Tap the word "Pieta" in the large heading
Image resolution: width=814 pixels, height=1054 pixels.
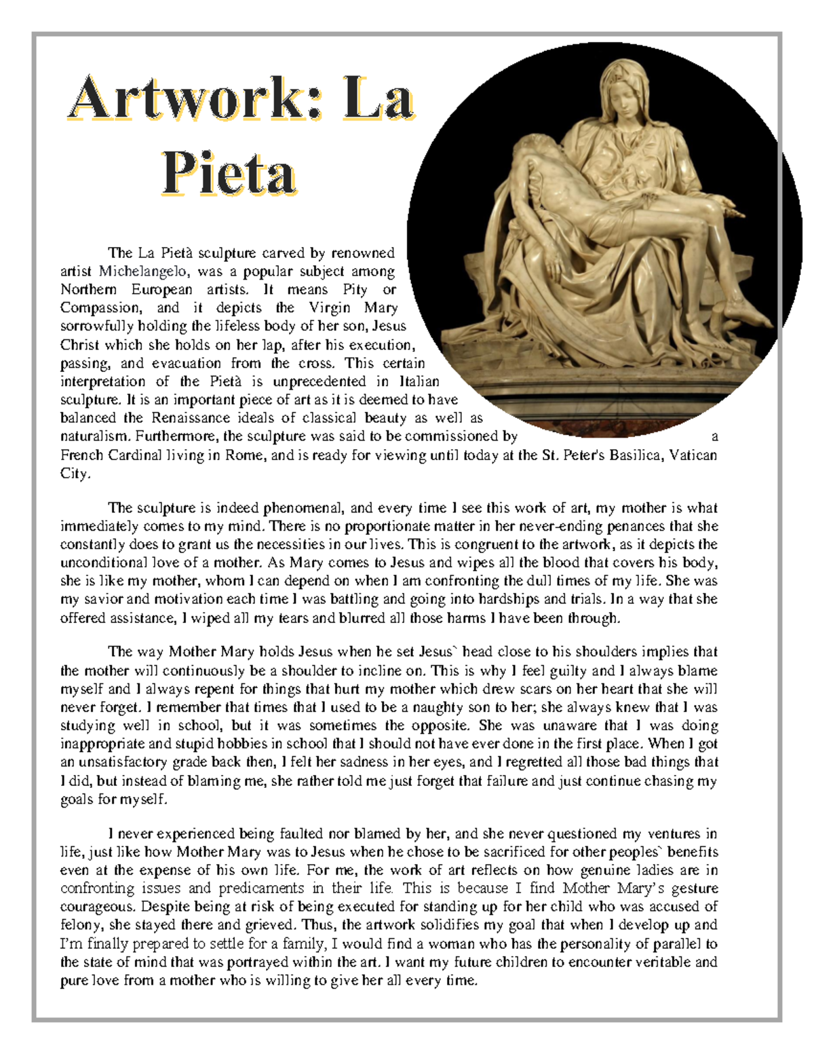229,174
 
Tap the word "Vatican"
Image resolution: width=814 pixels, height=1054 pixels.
693,455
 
